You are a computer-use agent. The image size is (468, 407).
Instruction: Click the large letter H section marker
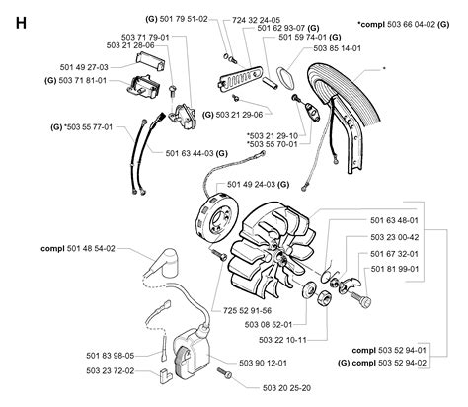21,24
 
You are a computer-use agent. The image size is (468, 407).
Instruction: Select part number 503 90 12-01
263,363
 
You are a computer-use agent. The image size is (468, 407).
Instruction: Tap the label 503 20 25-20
286,388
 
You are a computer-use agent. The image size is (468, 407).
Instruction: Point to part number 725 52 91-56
247,310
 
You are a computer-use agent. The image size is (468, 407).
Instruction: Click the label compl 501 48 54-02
78,248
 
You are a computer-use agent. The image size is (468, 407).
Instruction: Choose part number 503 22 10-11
282,340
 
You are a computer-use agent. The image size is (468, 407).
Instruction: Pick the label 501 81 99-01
395,269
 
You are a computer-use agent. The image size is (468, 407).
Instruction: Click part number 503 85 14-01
338,48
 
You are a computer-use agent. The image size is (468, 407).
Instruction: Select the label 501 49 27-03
84,67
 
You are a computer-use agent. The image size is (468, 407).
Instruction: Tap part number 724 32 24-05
257,20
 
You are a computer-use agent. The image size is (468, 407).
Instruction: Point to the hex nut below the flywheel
324,298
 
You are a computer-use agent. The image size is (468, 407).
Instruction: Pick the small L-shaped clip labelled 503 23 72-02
164,376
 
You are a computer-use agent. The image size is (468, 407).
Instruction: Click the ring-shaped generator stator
214,218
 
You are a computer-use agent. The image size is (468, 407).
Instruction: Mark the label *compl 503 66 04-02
403,24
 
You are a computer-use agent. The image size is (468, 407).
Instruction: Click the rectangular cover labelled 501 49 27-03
150,60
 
